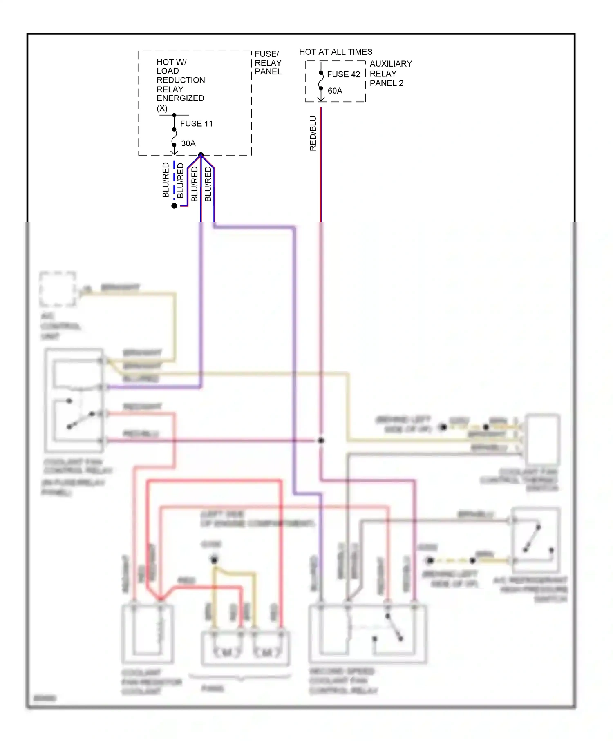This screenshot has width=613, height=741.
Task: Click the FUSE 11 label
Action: click(x=196, y=123)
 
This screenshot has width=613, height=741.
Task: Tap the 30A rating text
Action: click(x=188, y=143)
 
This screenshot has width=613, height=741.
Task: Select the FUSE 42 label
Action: click(x=343, y=74)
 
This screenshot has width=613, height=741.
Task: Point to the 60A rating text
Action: click(x=335, y=91)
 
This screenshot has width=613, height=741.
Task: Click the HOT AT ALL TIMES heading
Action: click(x=336, y=52)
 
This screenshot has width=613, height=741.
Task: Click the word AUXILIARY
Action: click(x=390, y=64)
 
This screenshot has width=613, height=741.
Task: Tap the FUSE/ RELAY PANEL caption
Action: click(x=268, y=63)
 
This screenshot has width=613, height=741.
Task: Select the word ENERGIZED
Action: click(x=180, y=98)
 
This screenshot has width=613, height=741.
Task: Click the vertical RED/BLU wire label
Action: click(x=313, y=134)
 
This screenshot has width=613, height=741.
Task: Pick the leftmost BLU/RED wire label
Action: click(x=166, y=180)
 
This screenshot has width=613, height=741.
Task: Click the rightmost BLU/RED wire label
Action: click(x=208, y=183)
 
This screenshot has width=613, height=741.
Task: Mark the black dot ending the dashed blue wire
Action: click(x=174, y=206)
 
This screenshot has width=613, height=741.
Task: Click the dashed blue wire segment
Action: click(x=175, y=180)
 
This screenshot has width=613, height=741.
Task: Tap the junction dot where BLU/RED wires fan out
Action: click(x=201, y=155)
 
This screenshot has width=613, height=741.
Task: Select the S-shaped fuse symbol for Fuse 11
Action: click(x=174, y=137)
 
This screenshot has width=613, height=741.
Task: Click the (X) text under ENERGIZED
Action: click(x=162, y=108)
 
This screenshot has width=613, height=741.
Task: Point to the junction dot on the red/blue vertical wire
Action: click(x=321, y=440)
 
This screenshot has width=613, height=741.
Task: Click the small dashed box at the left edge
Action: click(x=58, y=289)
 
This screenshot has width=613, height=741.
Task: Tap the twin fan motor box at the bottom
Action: click(x=245, y=649)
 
